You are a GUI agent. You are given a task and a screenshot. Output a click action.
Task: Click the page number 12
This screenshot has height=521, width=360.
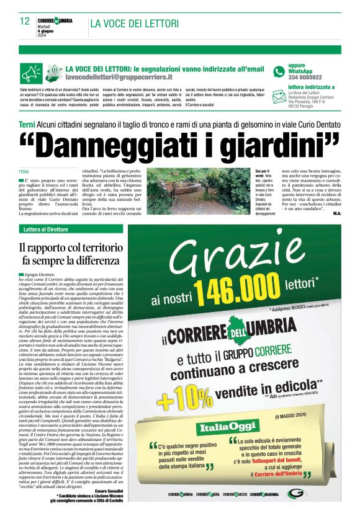point(25,22)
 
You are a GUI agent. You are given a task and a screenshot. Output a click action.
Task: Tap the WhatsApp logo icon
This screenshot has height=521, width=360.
point(279,71)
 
